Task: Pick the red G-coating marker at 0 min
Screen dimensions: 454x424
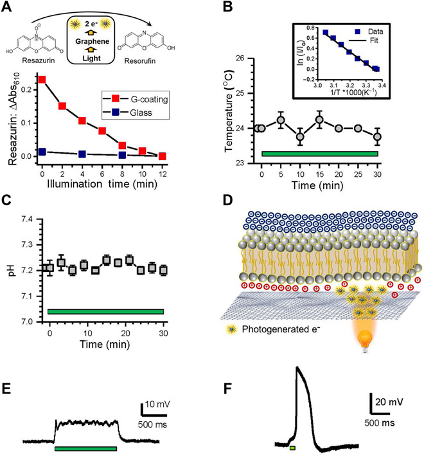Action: tap(42, 79)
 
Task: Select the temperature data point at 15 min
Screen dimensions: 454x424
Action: tap(319, 120)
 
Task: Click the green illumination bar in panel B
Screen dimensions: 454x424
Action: tap(320, 154)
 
